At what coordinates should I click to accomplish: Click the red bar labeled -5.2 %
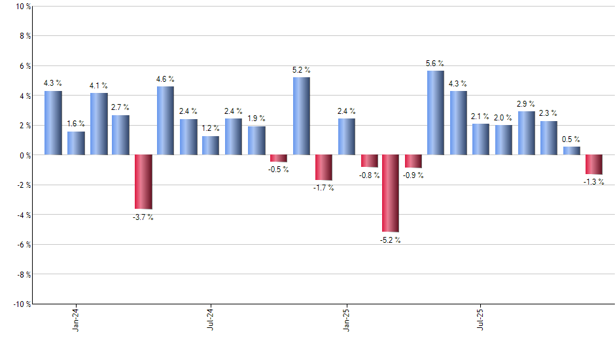pyautogui.click(x=391, y=193)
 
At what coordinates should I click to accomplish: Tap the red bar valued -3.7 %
pyautogui.click(x=143, y=181)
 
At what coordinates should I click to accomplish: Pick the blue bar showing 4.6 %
pyautogui.click(x=166, y=120)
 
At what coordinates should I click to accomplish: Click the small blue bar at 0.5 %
pyautogui.click(x=571, y=151)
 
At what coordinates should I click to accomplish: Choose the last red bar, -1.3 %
pyautogui.click(x=594, y=164)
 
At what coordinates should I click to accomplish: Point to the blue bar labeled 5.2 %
pyautogui.click(x=301, y=116)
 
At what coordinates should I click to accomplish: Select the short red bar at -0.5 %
pyautogui.click(x=279, y=158)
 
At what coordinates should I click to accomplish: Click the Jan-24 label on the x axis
pyautogui.click(x=76, y=318)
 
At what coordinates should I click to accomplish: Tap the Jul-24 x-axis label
pyautogui.click(x=211, y=318)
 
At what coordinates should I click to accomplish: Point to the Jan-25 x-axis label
pyautogui.click(x=346, y=318)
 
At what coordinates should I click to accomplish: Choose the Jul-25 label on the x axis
pyautogui.click(x=481, y=318)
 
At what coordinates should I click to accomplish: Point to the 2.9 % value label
pyautogui.click(x=526, y=104)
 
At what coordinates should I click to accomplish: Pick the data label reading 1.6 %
pyautogui.click(x=76, y=124)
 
